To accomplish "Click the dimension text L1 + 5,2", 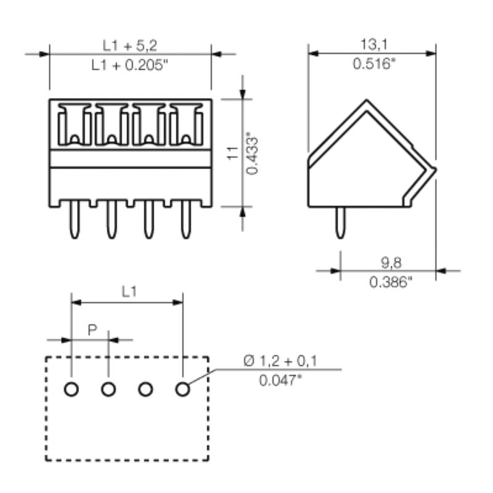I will [x=129, y=45].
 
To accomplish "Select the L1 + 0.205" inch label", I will [x=129, y=64].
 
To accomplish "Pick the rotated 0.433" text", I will [x=251, y=153].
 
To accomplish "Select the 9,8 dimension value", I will [x=391, y=263].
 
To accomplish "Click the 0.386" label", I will [x=391, y=282].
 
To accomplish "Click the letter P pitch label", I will [x=92, y=330].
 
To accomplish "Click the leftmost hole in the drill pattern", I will [x=71, y=389].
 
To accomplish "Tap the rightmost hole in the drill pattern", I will [x=182, y=389].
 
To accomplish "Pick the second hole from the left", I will [x=108, y=389].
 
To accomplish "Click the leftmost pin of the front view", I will [x=75, y=221].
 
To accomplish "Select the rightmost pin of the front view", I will [x=185, y=221].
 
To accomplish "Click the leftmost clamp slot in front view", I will [x=75, y=124].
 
